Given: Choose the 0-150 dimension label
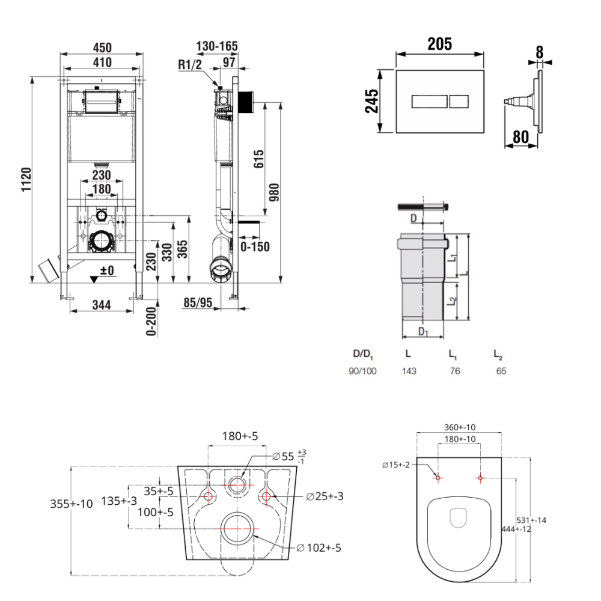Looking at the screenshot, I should pyautogui.click(x=255, y=246).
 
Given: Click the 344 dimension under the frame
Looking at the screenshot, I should pyautogui.click(x=101, y=305).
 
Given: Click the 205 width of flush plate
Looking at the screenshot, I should pyautogui.click(x=439, y=44).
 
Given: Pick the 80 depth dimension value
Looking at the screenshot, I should pyautogui.click(x=520, y=138).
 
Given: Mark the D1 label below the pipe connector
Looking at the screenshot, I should pyautogui.click(x=423, y=332).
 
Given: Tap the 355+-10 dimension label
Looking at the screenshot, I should pyautogui.click(x=72, y=504).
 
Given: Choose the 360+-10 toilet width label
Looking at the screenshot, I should pyautogui.click(x=460, y=427).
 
